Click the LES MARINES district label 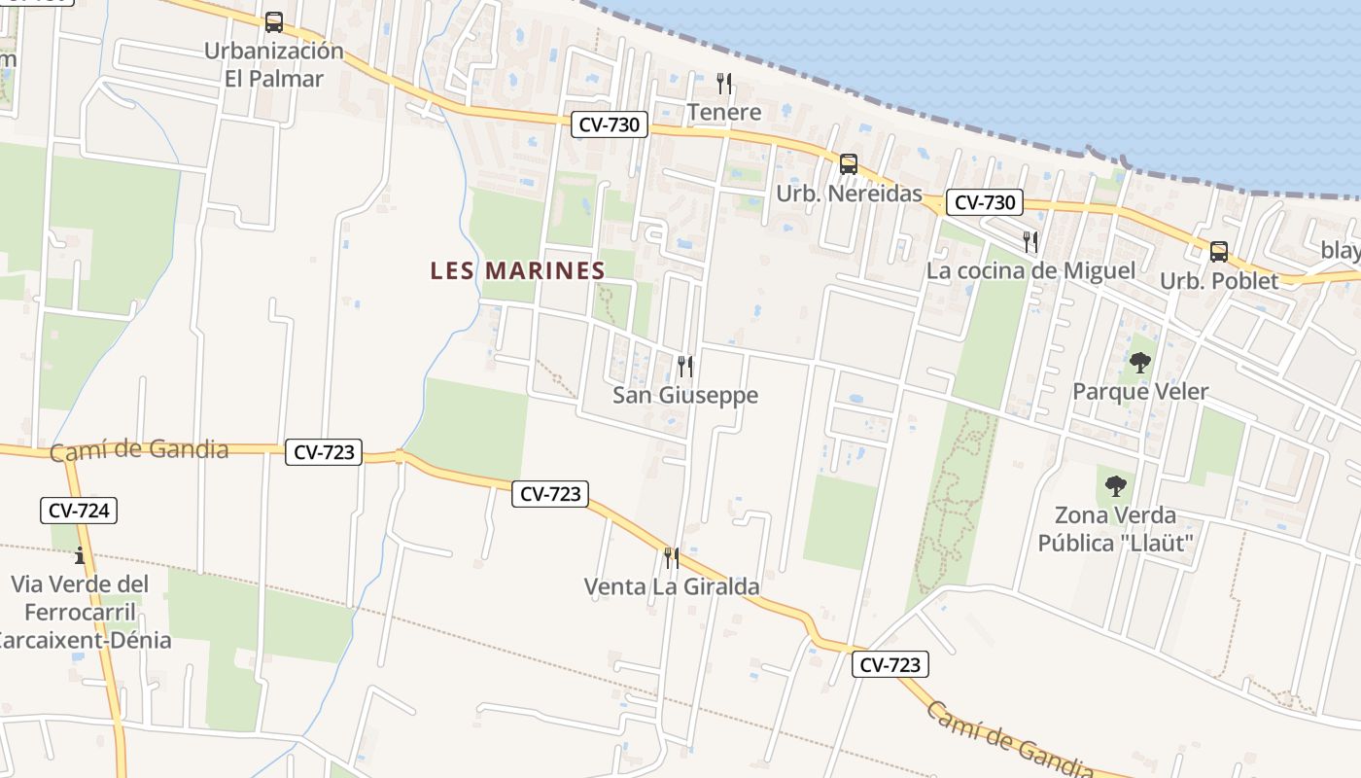tap(517, 270)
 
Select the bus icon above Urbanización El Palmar tap(274, 21)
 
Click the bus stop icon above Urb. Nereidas tap(849, 163)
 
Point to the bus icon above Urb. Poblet tap(1219, 251)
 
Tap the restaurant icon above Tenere tap(723, 83)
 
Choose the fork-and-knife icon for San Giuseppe tap(685, 366)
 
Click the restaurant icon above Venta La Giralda tap(672, 557)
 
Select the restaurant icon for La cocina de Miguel tap(1030, 241)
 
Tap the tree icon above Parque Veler tap(1140, 364)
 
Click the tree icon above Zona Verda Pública tap(1116, 485)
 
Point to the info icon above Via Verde tap(80, 555)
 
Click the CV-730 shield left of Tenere tap(609, 124)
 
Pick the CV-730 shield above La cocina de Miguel tap(985, 202)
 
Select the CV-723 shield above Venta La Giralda tap(550, 493)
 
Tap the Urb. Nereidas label tap(849, 194)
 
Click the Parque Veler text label tap(1140, 392)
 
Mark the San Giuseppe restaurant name tap(685, 395)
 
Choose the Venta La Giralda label tap(672, 586)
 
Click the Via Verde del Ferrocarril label tap(81, 612)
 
